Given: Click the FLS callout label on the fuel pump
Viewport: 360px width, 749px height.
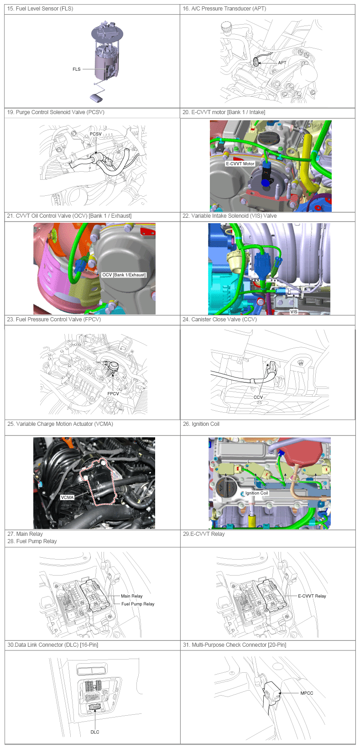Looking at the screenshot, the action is (77, 69).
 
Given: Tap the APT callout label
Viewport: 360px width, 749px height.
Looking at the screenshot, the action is (282, 63).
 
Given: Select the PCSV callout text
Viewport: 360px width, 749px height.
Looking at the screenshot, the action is (96, 134).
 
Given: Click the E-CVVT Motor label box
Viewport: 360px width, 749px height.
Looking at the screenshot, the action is (240, 163).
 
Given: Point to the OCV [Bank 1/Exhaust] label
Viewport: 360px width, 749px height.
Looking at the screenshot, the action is (124, 275).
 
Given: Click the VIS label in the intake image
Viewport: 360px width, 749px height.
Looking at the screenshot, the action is (294, 312).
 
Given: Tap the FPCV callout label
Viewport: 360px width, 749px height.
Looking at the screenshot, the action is (113, 393).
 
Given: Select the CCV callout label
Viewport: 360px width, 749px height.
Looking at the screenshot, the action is (258, 397).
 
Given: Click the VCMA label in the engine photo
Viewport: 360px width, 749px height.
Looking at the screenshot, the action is (67, 497).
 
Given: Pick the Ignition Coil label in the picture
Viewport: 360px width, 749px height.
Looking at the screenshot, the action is (256, 493).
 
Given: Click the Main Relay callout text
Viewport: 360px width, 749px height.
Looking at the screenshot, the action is (132, 596).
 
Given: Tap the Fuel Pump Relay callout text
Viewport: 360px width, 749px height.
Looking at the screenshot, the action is (138, 604).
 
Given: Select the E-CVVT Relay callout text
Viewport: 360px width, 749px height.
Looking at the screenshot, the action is (312, 596).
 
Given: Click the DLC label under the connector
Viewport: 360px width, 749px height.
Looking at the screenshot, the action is (95, 732).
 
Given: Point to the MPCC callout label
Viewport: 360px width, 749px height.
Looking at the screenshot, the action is (307, 693).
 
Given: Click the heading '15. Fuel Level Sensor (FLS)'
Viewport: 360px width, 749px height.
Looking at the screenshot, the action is (40, 9).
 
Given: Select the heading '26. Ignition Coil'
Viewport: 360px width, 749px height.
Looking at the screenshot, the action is (201, 424).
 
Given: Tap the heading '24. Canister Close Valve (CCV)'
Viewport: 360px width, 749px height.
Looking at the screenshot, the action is (219, 320).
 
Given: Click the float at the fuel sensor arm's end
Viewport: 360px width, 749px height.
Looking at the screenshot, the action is (97, 98).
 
